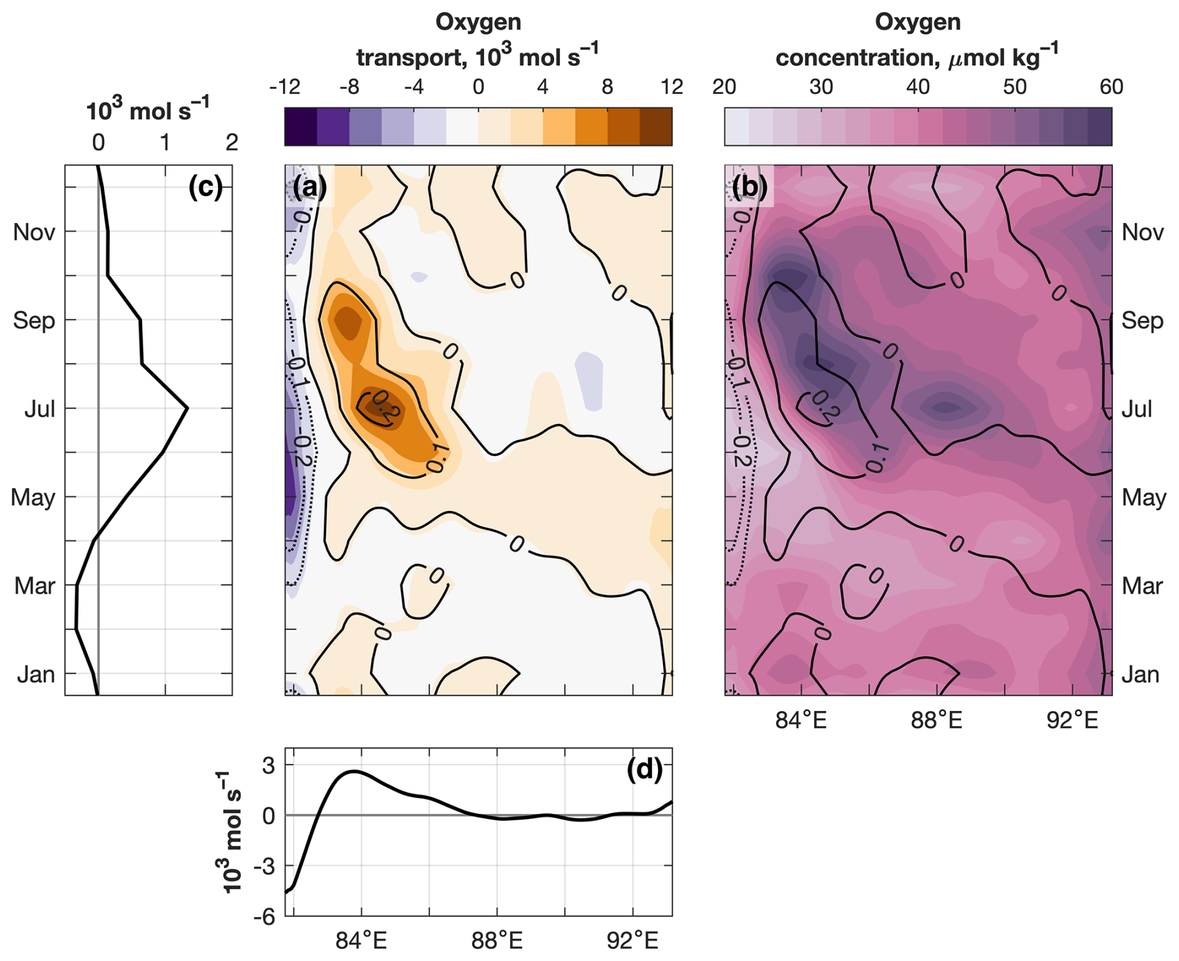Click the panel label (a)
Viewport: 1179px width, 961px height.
coord(310,187)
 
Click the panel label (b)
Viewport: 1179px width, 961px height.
coord(750,187)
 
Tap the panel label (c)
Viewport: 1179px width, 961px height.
coord(205,187)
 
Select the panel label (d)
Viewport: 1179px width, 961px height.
coord(644,770)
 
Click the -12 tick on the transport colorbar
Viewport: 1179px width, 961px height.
coord(284,87)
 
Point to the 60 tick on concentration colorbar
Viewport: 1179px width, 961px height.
coord(1111,87)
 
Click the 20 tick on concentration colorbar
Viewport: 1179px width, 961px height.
coord(724,87)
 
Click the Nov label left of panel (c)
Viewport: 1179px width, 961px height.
coord(34,232)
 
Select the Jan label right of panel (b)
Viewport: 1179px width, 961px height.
coord(1140,674)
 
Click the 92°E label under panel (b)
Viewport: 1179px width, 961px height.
coord(1072,720)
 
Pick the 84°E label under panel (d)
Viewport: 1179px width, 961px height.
coord(361,941)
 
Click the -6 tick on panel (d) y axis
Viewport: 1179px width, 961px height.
coord(264,917)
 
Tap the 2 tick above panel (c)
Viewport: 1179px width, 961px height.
coord(232,143)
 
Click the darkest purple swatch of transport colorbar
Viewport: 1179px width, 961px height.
coord(300,127)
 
